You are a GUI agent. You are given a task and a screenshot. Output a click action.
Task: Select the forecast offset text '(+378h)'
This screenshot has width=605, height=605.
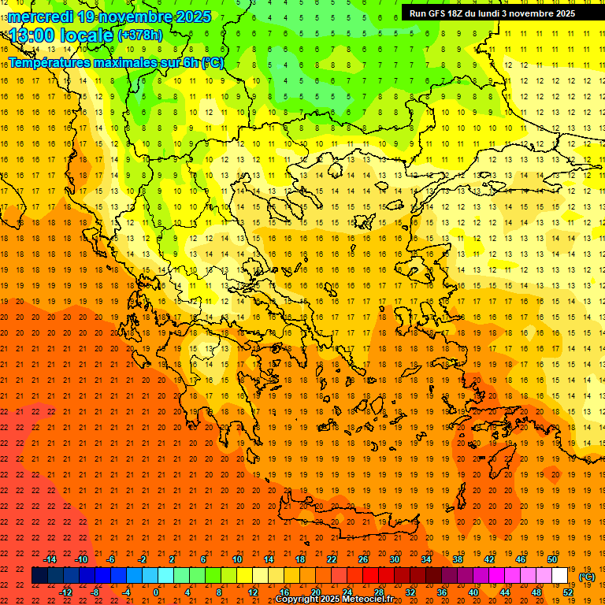click(140, 35)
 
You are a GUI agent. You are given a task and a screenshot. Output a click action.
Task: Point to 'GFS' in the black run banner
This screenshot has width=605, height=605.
click(438, 13)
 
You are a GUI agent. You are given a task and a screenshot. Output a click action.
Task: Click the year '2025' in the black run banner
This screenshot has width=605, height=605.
click(561, 13)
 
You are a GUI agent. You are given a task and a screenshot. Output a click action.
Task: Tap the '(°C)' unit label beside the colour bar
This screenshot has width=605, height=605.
click(587, 577)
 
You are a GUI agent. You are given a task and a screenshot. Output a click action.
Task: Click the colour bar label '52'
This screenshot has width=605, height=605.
click(568, 592)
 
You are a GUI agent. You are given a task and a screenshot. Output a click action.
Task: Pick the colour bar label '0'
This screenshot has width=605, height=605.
click(156, 592)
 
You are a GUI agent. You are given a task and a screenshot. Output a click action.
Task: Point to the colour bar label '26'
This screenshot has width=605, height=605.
click(363, 559)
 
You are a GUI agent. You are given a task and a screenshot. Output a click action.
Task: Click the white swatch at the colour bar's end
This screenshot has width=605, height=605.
click(560, 576)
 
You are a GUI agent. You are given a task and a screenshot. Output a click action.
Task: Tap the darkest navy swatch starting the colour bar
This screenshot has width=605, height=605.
click(40, 576)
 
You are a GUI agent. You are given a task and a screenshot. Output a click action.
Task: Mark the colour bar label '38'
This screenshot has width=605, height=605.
click(458, 559)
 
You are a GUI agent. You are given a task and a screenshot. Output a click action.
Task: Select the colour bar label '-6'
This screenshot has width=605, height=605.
click(111, 559)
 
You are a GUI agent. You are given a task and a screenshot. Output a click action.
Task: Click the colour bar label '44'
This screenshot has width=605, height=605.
click(505, 592)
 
